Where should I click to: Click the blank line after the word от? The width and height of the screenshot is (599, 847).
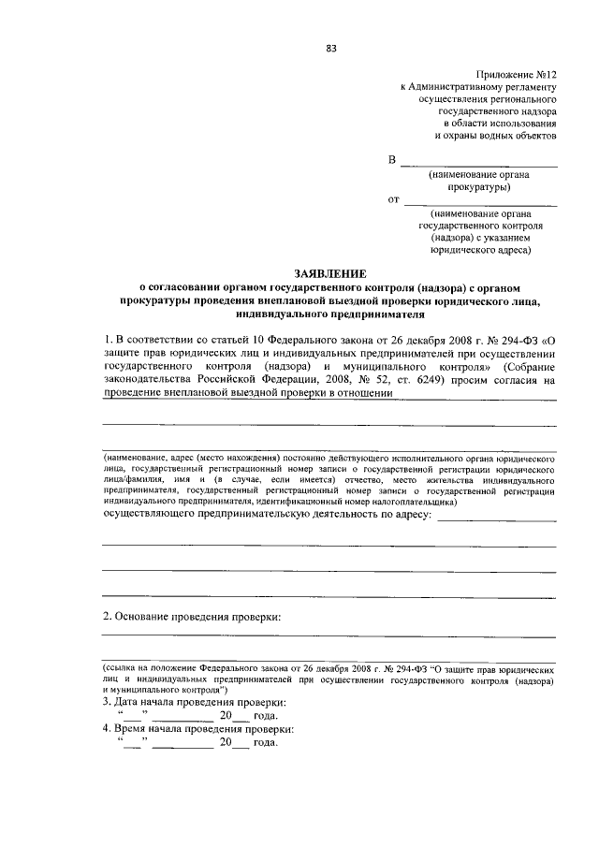tap(481, 200)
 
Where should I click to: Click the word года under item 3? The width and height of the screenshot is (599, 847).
tap(266, 715)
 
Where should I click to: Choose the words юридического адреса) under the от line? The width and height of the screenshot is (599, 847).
tap(480, 250)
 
